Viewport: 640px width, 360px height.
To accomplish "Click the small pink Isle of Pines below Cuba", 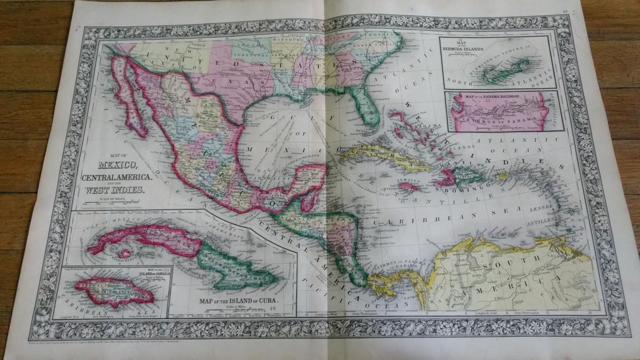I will coord(124,255).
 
